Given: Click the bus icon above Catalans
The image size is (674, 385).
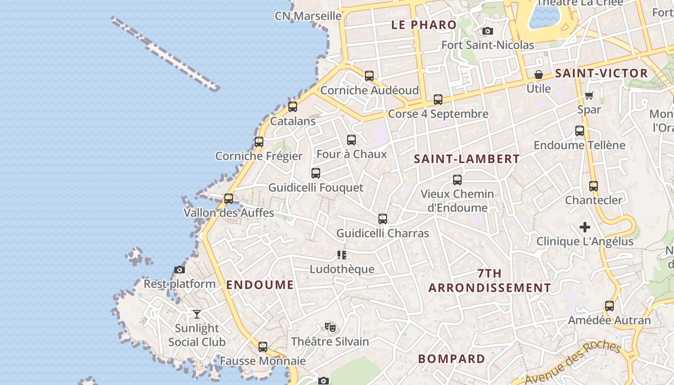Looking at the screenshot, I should (292, 107).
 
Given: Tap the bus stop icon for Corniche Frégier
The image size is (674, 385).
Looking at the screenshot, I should (259, 142).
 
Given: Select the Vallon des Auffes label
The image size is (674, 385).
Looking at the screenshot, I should (229, 213).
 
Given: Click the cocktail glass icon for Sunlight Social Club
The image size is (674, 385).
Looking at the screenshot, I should (197, 314).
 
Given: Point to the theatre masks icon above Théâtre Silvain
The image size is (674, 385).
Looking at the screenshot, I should (330, 328).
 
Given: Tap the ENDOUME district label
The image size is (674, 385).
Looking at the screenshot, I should (260, 285).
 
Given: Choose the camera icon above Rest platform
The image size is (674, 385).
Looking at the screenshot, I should (180, 270).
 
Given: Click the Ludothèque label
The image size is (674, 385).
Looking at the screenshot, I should (342, 269).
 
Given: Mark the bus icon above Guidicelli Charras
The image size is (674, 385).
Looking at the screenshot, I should (383, 219).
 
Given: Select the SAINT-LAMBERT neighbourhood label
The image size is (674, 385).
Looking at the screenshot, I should (467, 159).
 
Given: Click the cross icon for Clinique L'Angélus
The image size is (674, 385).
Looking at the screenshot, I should (585, 227).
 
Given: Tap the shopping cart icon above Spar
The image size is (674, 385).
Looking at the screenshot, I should (589, 95).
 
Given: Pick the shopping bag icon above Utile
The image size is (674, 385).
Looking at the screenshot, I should (539, 75).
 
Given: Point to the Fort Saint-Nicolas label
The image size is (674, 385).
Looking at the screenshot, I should (488, 45).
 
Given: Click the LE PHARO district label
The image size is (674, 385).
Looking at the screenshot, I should (424, 25).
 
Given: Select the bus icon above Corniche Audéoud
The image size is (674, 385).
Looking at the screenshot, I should (369, 76).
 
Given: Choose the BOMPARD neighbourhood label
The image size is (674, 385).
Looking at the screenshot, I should (452, 359).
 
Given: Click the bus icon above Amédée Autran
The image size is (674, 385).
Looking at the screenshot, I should (609, 306).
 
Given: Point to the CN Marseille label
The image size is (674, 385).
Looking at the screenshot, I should (308, 16).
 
